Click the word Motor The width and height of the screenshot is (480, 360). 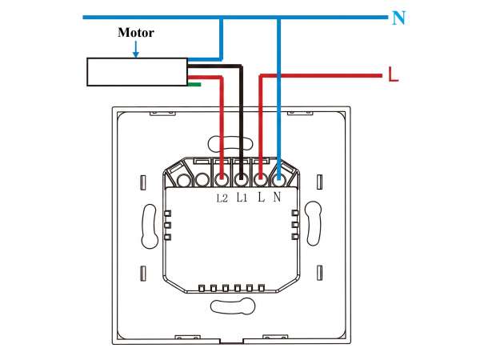[x=136, y=33]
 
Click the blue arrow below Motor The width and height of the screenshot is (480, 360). [x=136, y=49]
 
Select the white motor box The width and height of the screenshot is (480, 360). [x=137, y=72]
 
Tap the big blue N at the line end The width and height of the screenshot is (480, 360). [x=398, y=18]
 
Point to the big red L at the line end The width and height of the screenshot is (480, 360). [x=394, y=74]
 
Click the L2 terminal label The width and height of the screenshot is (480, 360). [x=222, y=198]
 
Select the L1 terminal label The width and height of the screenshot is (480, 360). [x=242, y=198]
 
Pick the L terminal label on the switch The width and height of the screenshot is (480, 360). [x=261, y=197]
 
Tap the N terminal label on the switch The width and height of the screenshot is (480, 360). [x=277, y=197]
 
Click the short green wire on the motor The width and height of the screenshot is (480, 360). [x=194, y=84]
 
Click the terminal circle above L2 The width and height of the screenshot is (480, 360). [x=221, y=180]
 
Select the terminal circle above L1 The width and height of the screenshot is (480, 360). [x=241, y=180]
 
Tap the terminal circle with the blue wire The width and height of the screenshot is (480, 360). [x=278, y=180]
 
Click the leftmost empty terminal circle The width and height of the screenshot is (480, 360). [x=184, y=180]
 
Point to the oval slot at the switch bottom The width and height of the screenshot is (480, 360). [x=233, y=306]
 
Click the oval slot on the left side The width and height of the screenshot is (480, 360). [x=150, y=224]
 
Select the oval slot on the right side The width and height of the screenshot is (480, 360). [x=313, y=223]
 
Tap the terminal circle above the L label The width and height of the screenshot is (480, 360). [x=260, y=180]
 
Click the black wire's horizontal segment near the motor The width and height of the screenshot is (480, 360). [x=215, y=66]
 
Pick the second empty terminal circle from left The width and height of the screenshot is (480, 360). [x=202, y=180]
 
